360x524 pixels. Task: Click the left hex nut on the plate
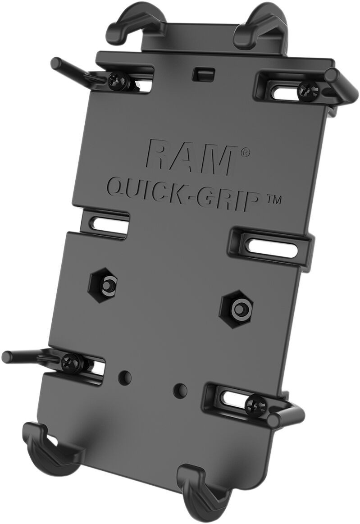[x=108, y=285]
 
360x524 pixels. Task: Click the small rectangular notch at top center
[x=204, y=73]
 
